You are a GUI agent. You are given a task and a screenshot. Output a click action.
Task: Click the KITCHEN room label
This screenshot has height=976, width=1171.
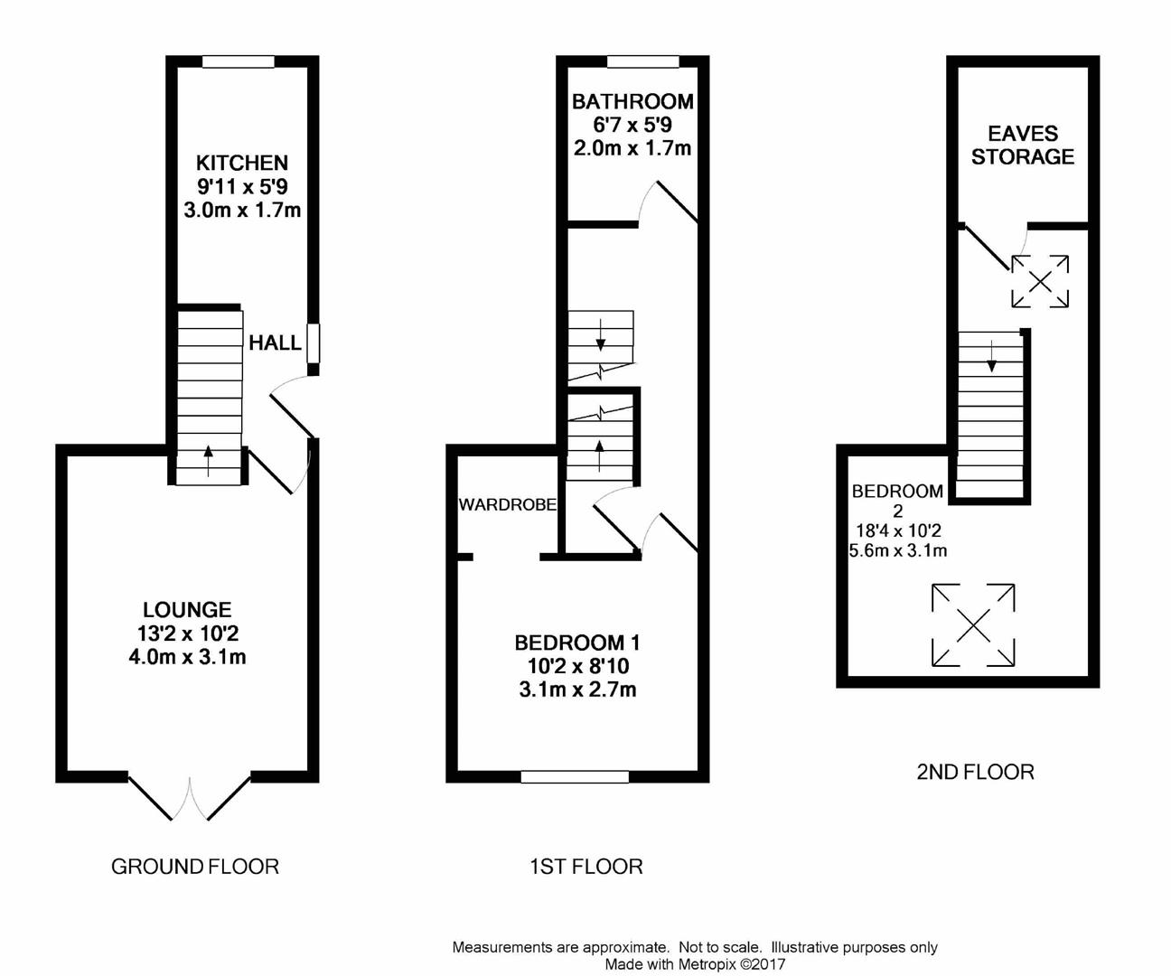click(x=242, y=164)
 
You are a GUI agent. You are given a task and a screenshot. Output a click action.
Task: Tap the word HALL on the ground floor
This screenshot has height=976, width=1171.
click(x=275, y=343)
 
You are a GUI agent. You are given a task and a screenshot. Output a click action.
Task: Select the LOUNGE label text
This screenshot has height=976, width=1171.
click(x=187, y=610)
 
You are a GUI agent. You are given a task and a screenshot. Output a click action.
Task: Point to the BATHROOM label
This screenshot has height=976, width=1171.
click(x=632, y=101)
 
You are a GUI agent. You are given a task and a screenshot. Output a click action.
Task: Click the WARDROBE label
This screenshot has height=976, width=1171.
click(x=508, y=505)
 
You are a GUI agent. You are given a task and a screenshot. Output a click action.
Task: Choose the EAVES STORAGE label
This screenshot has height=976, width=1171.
click(x=1023, y=145)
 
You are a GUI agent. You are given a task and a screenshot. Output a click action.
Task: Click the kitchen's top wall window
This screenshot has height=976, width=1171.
click(x=239, y=61)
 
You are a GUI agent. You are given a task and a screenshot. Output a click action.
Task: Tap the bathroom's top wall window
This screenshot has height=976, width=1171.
click(x=643, y=61)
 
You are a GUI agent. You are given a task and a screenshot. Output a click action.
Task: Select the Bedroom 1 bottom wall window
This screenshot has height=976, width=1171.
click(x=575, y=776)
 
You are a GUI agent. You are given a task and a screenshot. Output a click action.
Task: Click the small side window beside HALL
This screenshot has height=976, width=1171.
click(x=313, y=343)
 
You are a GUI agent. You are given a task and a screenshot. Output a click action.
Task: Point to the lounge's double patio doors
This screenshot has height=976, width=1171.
click(x=190, y=798)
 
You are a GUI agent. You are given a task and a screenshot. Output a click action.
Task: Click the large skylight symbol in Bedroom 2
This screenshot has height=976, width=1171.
click(x=973, y=625)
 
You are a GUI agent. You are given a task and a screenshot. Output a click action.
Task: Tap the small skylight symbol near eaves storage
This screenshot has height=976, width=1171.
click(x=1040, y=282)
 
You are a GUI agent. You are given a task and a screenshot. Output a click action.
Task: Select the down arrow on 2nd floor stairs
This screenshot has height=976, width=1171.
click(x=991, y=356)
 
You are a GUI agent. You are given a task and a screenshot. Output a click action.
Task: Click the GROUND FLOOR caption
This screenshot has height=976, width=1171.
click(x=195, y=867)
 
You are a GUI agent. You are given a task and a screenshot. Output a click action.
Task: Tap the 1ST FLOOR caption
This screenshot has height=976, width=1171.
click(x=586, y=867)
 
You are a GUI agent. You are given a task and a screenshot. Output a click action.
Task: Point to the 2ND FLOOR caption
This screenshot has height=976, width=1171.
click(x=975, y=773)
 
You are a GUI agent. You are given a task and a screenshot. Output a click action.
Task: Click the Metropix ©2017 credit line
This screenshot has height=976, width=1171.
click(x=695, y=965)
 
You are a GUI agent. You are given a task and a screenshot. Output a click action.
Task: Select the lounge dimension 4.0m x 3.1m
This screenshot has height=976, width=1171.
click(x=187, y=657)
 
